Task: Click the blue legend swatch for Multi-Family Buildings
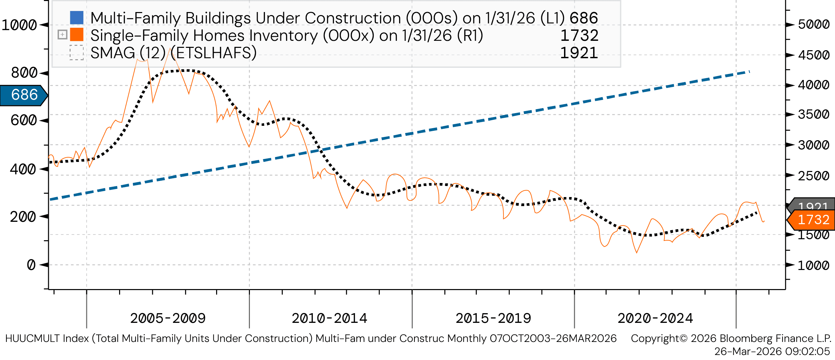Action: click(x=77, y=18)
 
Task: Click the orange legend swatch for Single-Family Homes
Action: click(x=77, y=34)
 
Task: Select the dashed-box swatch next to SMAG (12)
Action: click(x=77, y=53)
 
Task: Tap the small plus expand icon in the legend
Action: click(x=63, y=34)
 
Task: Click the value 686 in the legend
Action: click(x=584, y=18)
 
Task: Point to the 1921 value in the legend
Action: click(x=579, y=53)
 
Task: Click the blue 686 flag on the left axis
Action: click(x=23, y=95)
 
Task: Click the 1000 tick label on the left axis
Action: click(x=19, y=25)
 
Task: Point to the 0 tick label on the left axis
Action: click(x=31, y=265)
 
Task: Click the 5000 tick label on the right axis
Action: click(x=814, y=24)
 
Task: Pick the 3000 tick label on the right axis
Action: click(x=814, y=145)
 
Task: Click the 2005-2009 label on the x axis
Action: click(x=168, y=318)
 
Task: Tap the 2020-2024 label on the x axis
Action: click(x=655, y=318)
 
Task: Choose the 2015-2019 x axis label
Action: click(x=493, y=318)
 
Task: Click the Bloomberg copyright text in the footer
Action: click(x=731, y=338)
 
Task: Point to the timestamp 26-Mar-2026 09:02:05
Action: click(x=772, y=351)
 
